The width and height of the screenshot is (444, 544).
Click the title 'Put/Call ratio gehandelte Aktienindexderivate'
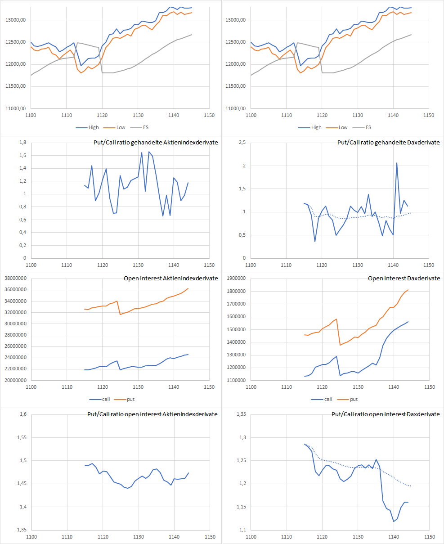(x=152, y=142)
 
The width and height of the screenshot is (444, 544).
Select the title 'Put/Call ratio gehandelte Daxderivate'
(x=389, y=142)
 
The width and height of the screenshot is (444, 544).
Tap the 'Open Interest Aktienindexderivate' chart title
(x=170, y=278)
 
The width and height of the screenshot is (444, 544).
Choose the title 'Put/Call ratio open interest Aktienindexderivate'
(x=152, y=414)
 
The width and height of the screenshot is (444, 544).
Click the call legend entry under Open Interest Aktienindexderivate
(x=99, y=399)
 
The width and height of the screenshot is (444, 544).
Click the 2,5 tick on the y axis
(x=242, y=143)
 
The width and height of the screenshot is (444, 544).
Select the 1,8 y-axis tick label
(x=22, y=143)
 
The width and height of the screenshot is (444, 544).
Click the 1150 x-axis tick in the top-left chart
(x=209, y=115)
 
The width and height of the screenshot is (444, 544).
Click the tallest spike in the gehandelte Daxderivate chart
(x=397, y=163)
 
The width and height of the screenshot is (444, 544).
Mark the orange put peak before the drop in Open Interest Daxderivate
(x=336, y=319)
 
